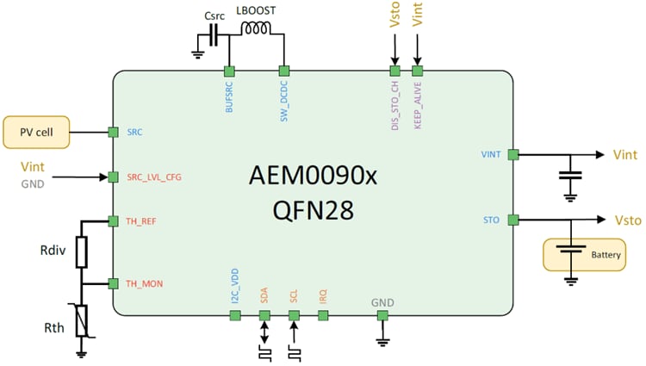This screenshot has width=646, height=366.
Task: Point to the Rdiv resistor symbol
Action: pyautogui.click(x=82, y=252)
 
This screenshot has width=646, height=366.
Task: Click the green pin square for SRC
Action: pyautogui.click(x=112, y=132)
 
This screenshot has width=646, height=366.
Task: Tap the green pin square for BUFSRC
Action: pyautogui.click(x=229, y=71)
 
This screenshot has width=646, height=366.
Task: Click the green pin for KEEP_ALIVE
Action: pyautogui.click(x=418, y=71)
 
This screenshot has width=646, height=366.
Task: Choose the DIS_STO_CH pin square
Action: pyautogui.click(x=395, y=71)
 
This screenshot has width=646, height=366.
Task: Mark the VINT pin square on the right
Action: pyautogui.click(x=513, y=155)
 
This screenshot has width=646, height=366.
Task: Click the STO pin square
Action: pyautogui.click(x=513, y=220)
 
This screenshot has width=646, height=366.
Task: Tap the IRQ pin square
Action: pyautogui.click(x=324, y=315)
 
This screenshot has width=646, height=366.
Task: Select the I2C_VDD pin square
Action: pyautogui.click(x=234, y=315)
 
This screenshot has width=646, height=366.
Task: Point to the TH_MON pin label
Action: pyautogui.click(x=143, y=283)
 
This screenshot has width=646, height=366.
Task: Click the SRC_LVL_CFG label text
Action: pyautogui.click(x=153, y=177)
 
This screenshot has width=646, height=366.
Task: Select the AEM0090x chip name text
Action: pyautogui.click(x=313, y=175)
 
